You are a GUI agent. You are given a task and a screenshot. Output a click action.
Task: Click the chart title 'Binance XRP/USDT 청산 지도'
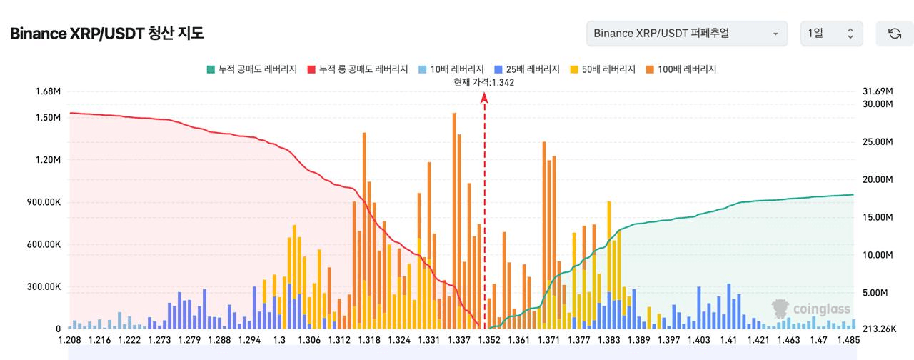107,34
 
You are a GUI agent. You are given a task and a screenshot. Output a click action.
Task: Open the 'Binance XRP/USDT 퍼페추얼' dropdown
686,34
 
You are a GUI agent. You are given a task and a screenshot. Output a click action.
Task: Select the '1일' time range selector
831,34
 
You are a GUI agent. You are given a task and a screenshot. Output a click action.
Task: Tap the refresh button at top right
894,34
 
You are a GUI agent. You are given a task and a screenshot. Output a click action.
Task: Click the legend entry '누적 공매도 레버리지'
251,69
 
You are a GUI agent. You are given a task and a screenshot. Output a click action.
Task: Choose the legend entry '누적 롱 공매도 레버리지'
358,69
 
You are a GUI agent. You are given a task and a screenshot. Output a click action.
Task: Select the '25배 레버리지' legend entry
527,69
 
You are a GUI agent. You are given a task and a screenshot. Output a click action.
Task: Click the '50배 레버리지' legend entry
603,69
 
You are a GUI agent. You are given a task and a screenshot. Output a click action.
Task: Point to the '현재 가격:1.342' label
484,82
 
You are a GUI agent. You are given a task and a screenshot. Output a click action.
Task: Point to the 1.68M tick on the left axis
47,91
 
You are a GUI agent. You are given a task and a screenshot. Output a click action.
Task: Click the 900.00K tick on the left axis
44,202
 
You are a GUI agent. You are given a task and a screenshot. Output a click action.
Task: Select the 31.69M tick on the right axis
878,91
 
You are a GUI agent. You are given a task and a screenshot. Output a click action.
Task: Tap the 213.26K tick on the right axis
879,329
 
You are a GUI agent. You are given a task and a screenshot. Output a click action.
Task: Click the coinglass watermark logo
811,309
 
